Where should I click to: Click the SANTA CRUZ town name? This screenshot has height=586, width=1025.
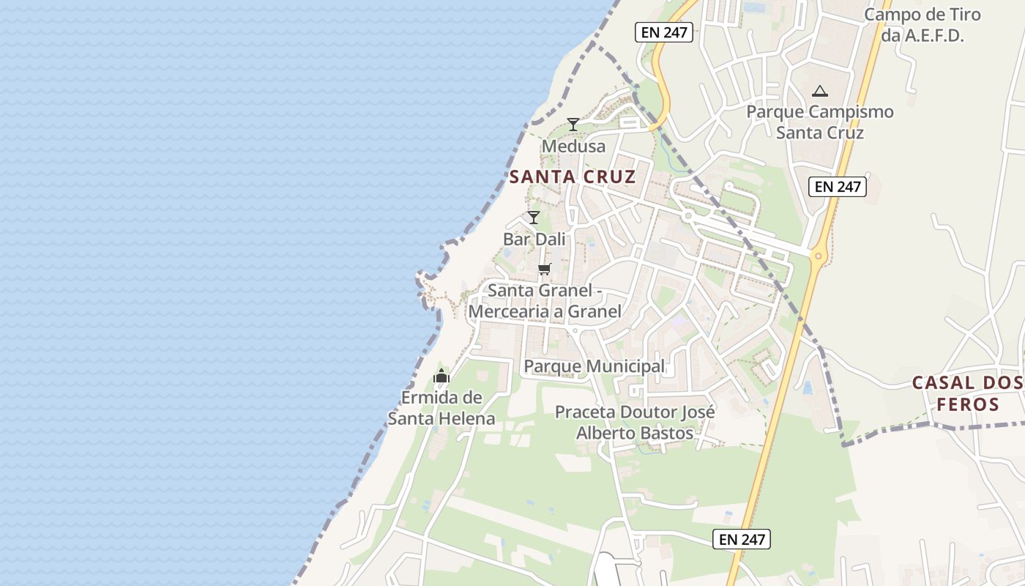click(x=573, y=177)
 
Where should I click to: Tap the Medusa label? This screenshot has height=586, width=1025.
click(x=574, y=146)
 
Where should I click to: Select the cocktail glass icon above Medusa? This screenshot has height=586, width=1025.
click(x=573, y=125)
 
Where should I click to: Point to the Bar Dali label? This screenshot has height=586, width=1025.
click(x=534, y=239)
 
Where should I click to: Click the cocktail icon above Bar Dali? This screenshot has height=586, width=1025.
click(x=534, y=218)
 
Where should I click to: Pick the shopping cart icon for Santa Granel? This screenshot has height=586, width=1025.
click(x=544, y=269)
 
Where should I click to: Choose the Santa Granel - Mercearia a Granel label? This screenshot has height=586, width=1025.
click(x=545, y=301)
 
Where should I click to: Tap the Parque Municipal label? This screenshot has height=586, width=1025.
click(x=594, y=366)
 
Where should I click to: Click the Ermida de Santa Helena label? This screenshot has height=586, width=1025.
click(x=441, y=408)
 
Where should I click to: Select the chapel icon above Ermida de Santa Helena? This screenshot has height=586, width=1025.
click(x=441, y=377)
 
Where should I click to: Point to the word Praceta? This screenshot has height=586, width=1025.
click(x=585, y=412)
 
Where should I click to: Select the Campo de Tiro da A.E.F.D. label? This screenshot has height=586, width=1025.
click(x=922, y=25)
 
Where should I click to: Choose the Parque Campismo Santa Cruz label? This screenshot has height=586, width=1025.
click(x=820, y=122)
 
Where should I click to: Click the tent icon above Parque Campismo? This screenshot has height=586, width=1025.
click(x=820, y=92)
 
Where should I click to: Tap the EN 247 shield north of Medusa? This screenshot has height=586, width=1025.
click(x=664, y=32)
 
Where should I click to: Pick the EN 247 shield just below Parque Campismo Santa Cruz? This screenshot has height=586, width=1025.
click(x=838, y=187)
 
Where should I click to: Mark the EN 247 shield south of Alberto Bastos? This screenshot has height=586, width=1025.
click(x=742, y=540)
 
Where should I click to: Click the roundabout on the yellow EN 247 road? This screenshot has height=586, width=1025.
click(x=818, y=256)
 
